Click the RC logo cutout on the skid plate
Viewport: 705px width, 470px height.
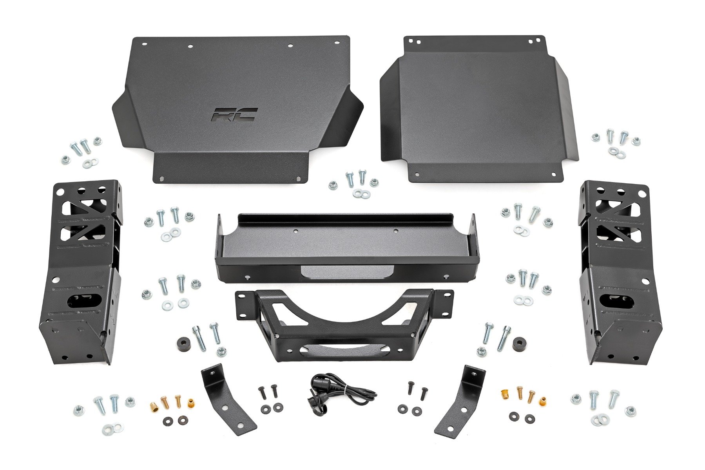click(x=234, y=114)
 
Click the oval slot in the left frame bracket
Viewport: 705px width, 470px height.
click(x=83, y=302)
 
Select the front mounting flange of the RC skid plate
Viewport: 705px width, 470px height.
click(x=231, y=168)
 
